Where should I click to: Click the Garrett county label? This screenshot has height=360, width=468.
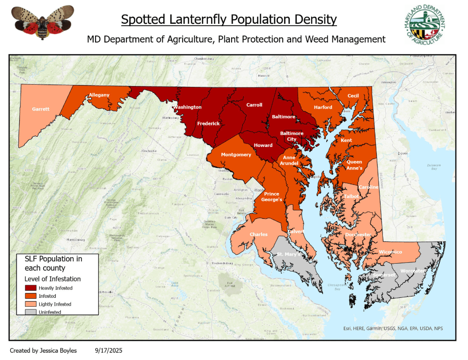[41, 109]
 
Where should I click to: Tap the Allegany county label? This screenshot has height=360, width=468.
[99, 95]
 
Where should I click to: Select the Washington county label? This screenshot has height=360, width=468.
[187, 107]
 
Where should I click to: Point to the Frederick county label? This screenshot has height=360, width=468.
[208, 123]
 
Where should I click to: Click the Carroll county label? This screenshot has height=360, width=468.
[255, 105]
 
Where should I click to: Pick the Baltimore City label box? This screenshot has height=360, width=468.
[292, 136]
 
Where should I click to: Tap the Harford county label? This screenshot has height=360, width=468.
[323, 107]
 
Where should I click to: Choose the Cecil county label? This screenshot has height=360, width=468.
[353, 96]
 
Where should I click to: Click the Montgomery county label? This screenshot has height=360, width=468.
[236, 155]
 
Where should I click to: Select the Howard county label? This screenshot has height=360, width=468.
[263, 145]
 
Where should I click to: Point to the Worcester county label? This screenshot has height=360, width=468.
[412, 271]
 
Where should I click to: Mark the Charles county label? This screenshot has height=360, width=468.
[258, 234]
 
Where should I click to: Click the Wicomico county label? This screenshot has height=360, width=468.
[390, 252]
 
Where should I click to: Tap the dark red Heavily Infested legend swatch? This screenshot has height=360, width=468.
[31, 288]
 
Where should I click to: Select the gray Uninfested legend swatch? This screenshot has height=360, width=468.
[31, 312]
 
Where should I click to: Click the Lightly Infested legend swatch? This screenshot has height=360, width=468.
[31, 304]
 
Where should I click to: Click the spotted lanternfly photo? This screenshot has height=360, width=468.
[43, 22]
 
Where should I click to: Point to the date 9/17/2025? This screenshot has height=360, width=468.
[108, 350]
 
